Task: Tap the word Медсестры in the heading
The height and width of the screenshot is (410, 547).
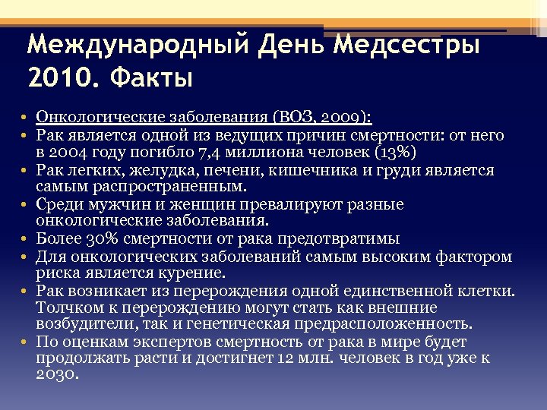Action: pos(409,45)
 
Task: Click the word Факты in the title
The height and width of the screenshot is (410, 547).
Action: pos(151,77)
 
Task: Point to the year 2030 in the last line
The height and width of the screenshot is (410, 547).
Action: pos(55,375)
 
